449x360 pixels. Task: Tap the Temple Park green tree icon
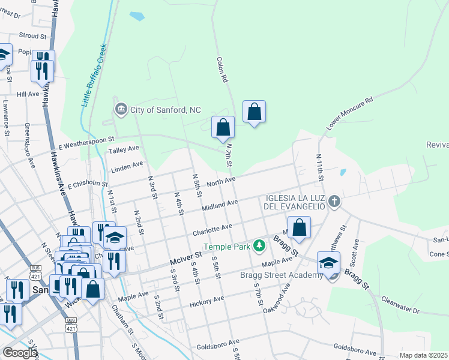click(x=259, y=245)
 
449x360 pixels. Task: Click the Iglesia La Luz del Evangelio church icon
click(x=334, y=202)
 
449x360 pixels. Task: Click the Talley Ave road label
click(x=123, y=149)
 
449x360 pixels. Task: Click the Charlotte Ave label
click(x=212, y=228)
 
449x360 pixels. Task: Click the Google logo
click(x=20, y=353)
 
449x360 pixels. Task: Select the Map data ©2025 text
click(x=423, y=355)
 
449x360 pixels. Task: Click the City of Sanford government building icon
click(x=121, y=109)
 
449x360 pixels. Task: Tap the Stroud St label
click(x=32, y=36)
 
